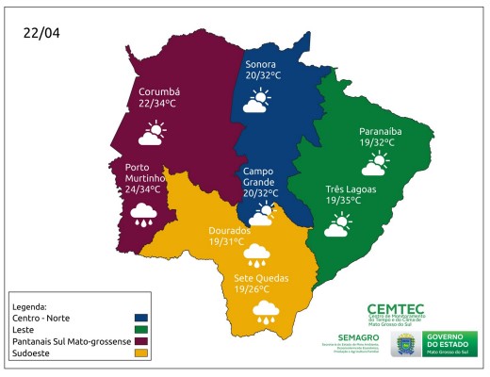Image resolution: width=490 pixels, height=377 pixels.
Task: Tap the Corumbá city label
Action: coord(157,91)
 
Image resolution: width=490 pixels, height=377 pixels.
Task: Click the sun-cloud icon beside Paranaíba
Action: coord(373,165)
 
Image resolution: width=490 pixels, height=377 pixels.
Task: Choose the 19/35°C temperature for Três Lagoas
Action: coord(346,201)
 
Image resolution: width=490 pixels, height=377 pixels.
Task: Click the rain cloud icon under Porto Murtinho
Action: coord(143,214)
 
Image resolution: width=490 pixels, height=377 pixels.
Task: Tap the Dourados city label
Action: coord(229,230)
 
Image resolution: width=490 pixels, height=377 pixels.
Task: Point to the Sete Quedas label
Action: coord(260,279)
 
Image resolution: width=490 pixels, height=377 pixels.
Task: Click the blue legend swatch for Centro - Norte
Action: coord(142,318)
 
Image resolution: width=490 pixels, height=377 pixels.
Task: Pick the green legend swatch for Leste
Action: coord(142,329)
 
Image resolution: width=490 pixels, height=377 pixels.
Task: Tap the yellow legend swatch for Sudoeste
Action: coord(142,352)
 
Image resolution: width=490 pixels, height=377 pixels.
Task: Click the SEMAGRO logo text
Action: coord(357,337)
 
